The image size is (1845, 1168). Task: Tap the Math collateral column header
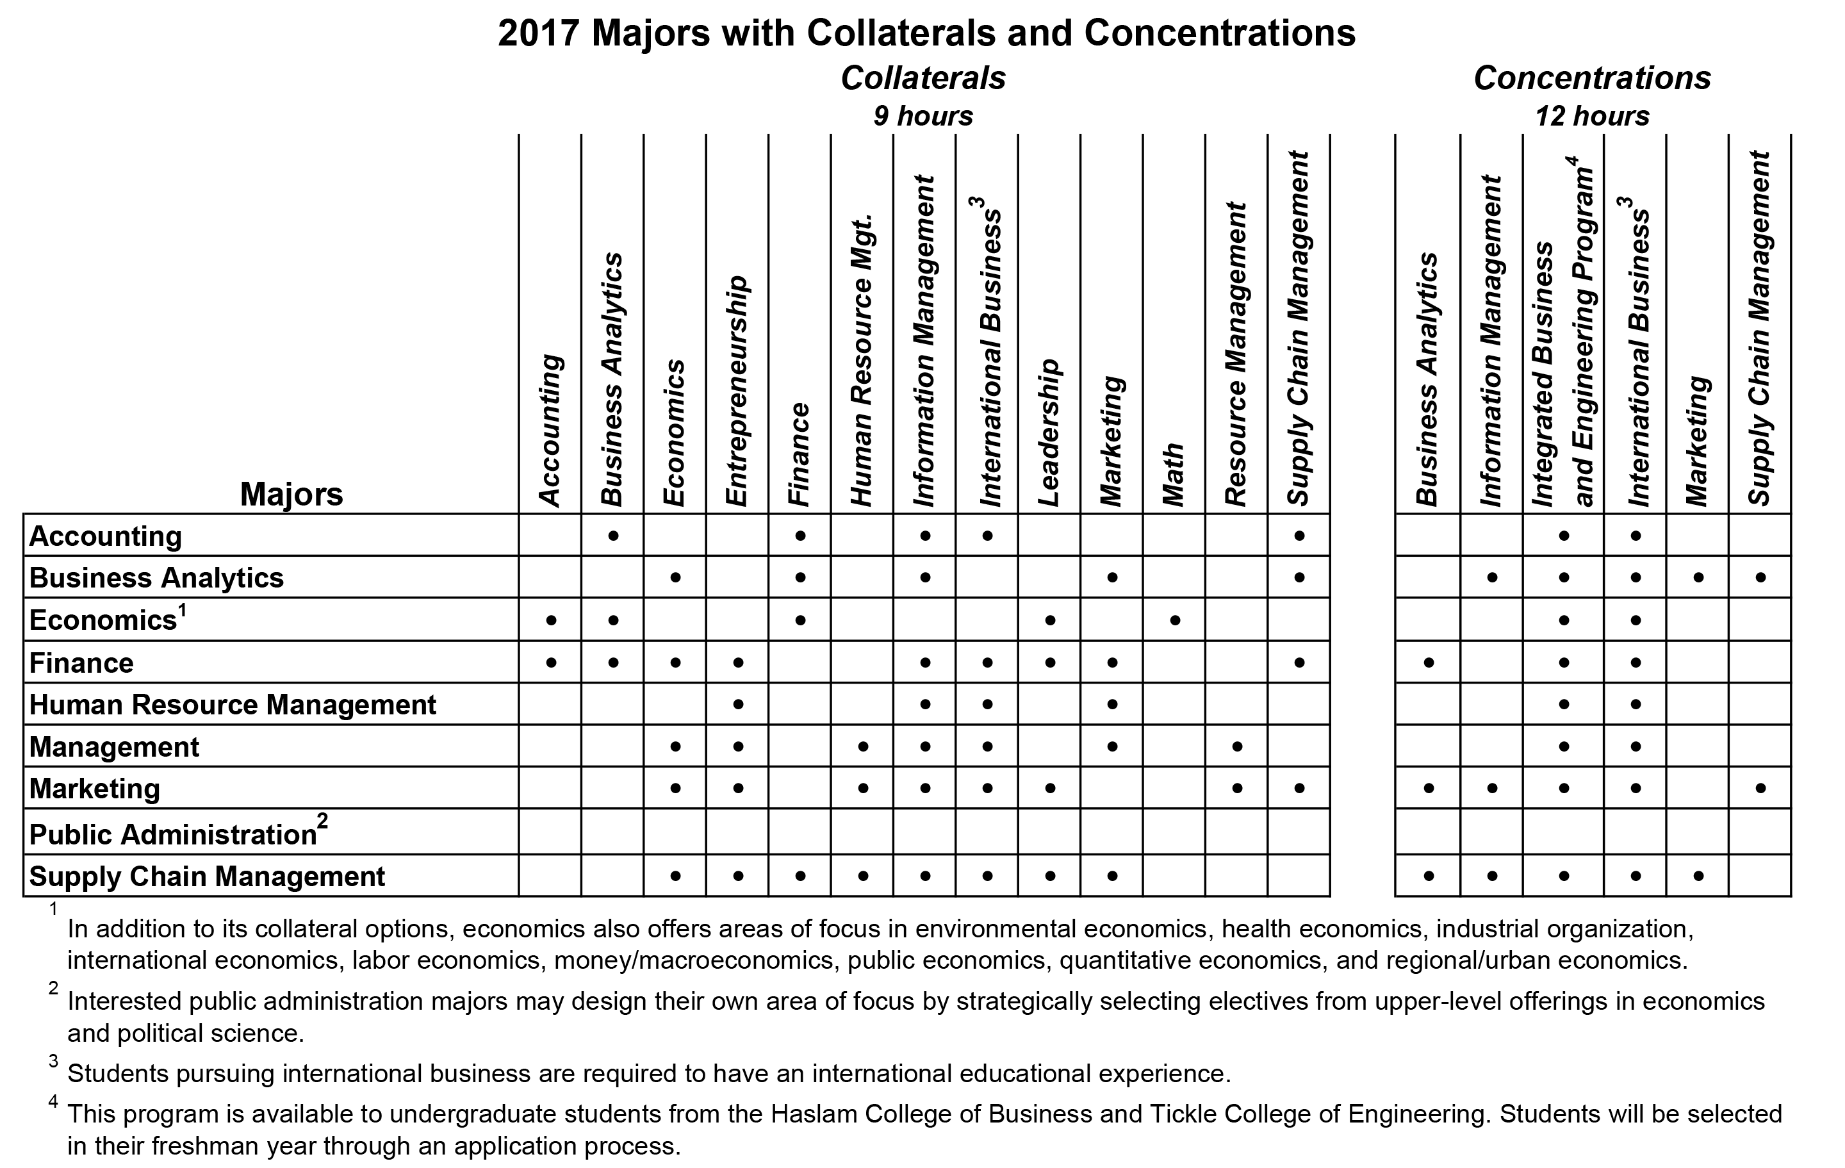click(1173, 474)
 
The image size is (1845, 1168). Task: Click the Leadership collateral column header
click(1048, 432)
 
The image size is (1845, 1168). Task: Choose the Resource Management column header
click(1236, 354)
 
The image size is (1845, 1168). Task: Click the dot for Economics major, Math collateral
click(1174, 620)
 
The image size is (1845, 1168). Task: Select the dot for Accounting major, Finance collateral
click(800, 536)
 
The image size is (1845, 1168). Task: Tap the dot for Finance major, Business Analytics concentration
click(1428, 662)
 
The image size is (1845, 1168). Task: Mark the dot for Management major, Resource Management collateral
click(1236, 746)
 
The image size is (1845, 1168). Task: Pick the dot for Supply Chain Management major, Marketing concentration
click(1698, 875)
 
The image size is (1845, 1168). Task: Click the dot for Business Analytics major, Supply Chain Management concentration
click(1760, 577)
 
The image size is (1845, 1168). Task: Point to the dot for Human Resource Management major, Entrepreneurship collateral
click(738, 704)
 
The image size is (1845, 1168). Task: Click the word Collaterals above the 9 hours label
click(923, 78)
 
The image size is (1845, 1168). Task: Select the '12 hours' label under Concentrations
click(1592, 117)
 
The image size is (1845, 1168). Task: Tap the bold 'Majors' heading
click(291, 495)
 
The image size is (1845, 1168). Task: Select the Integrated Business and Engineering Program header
click(1563, 331)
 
